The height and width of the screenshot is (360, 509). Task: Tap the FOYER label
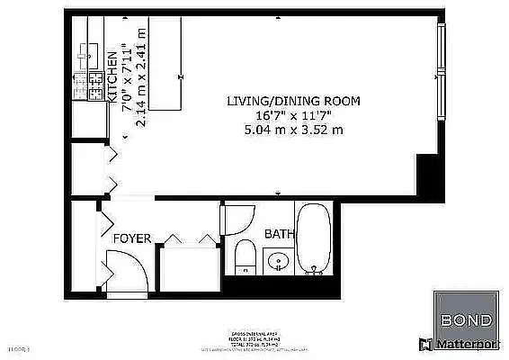[131, 238]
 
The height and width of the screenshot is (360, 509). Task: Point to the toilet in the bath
[244, 257]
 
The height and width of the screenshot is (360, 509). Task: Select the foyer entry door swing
[120, 269]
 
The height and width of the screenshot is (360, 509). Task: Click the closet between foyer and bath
[188, 265]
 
